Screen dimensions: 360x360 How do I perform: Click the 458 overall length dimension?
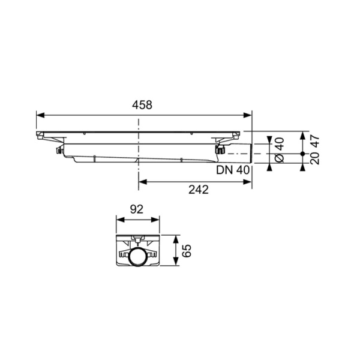pos(143,104)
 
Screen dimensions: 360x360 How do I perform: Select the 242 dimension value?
pos(197,190)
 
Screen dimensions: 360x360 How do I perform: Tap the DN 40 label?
pos(233,170)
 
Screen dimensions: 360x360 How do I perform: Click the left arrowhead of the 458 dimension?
pos(39,113)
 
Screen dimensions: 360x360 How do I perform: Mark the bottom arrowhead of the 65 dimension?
pos(175,264)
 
